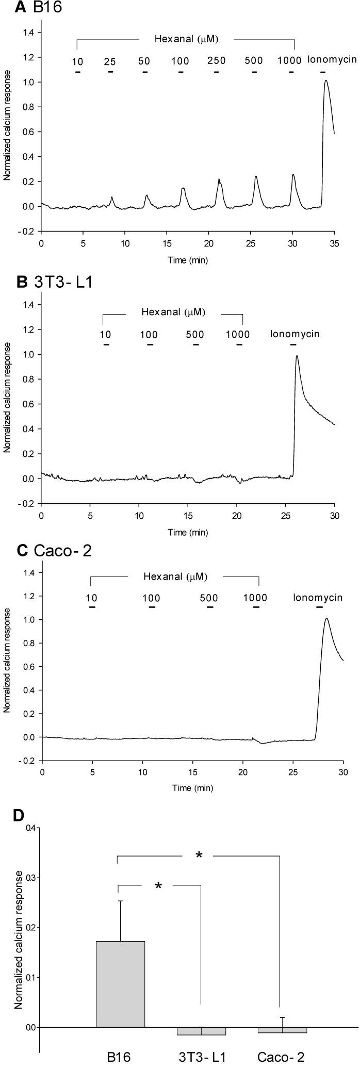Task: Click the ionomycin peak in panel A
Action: pyautogui.click(x=325, y=81)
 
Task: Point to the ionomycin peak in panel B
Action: pyautogui.click(x=297, y=356)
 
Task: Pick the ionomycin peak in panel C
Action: pyautogui.click(x=326, y=619)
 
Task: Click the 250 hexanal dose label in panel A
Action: pyautogui.click(x=217, y=61)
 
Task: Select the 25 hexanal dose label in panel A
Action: pyautogui.click(x=110, y=62)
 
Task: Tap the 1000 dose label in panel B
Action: pyautogui.click(x=238, y=335)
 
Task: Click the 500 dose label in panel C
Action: pyautogui.click(x=209, y=598)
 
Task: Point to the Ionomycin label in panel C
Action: pyautogui.click(x=318, y=598)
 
